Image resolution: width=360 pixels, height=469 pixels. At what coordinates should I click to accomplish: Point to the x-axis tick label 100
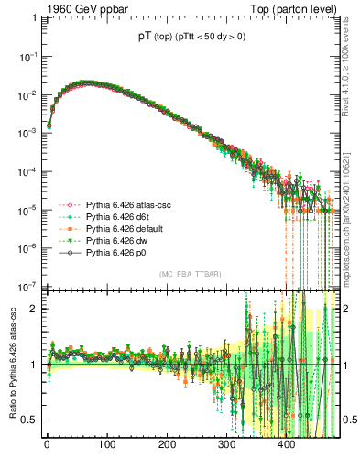[x=106, y=445]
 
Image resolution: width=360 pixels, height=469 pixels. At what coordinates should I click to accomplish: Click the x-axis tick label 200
[x=167, y=445]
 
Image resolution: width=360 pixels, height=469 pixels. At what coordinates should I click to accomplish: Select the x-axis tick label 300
[x=226, y=445]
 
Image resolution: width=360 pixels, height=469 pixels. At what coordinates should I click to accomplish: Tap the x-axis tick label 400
[x=287, y=445]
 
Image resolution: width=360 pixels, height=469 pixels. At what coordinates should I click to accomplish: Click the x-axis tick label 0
[x=47, y=445]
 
